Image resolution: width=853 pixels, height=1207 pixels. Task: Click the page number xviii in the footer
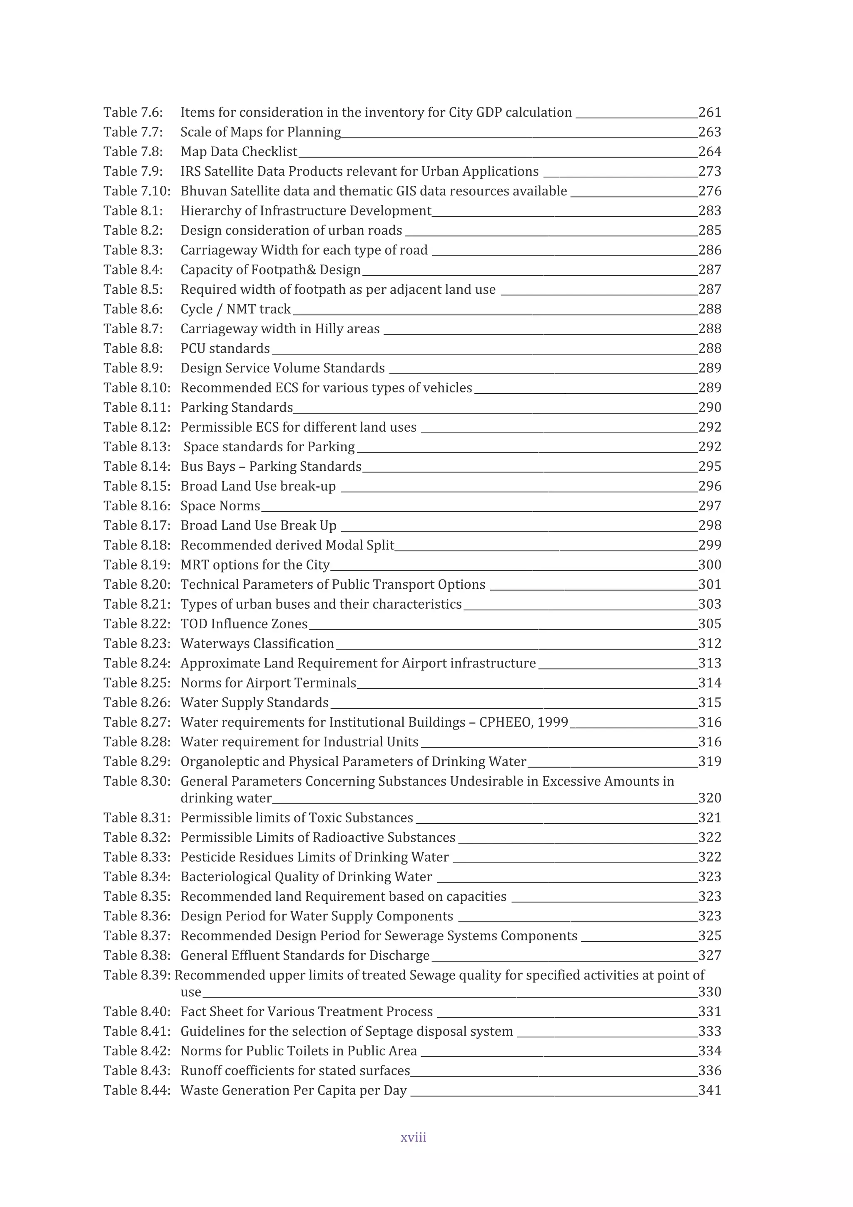413,1137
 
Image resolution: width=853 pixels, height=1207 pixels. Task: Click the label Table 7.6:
133,112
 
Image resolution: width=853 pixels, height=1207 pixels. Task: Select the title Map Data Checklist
239,152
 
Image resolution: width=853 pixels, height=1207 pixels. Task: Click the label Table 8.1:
133,211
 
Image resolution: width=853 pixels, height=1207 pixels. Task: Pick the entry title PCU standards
225,349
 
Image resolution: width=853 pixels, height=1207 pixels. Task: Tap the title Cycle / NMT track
235,309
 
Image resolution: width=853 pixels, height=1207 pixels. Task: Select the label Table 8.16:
137,506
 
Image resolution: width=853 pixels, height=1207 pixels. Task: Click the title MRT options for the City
255,565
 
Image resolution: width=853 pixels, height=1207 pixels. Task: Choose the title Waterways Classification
257,643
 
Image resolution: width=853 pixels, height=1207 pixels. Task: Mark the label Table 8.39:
137,975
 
